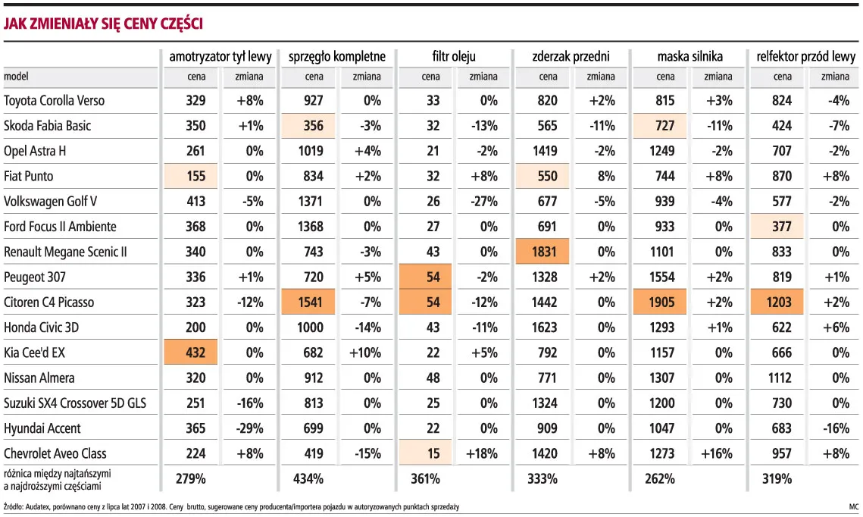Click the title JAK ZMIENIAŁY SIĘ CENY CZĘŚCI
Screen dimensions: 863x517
[x=104, y=23]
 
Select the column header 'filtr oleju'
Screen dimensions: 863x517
[x=454, y=56]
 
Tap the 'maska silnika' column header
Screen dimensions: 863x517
[x=689, y=56]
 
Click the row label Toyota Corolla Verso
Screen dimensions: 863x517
[x=54, y=101]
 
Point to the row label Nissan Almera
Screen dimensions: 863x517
[x=39, y=378]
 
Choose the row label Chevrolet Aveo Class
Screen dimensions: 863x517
[x=55, y=453]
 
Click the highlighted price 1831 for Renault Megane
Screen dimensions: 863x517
[x=543, y=252]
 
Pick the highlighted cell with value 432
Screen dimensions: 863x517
[x=190, y=352]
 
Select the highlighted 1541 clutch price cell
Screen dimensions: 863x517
[x=308, y=302]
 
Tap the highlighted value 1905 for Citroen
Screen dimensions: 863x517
[x=659, y=302]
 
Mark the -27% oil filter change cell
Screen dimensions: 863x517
[x=484, y=202]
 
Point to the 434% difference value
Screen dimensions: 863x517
[x=308, y=479]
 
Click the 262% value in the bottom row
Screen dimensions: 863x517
[x=660, y=479]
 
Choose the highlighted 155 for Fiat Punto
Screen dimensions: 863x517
[x=190, y=176]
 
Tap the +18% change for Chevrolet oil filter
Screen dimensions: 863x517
[x=482, y=453]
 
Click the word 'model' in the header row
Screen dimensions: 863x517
[x=16, y=77]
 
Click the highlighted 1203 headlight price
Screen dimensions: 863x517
[x=777, y=302]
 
